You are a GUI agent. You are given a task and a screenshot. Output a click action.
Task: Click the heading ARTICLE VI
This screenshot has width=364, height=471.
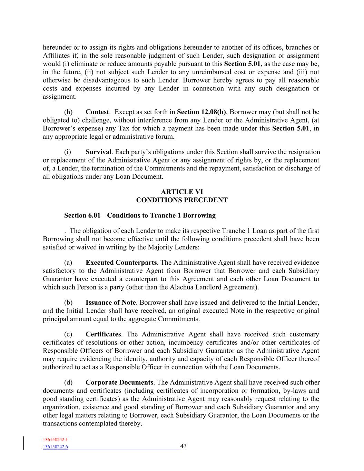click(x=182, y=192)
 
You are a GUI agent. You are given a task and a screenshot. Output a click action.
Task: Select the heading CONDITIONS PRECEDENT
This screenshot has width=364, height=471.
click(x=182, y=200)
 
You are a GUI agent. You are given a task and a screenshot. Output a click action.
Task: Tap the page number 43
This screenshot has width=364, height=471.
click(x=184, y=446)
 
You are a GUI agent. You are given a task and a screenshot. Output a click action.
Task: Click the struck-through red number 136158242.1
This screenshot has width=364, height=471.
click(x=55, y=440)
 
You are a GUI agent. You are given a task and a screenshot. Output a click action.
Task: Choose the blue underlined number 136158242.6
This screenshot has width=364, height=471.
click(x=55, y=447)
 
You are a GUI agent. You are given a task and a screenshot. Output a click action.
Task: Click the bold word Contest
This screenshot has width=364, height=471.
click(x=97, y=112)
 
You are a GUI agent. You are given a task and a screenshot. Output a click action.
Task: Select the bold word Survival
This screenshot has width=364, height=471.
click(x=98, y=152)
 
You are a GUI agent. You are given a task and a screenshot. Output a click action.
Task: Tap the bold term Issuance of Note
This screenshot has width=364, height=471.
click(x=110, y=303)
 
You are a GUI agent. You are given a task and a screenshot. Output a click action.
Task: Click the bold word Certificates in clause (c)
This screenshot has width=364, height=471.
click(x=103, y=334)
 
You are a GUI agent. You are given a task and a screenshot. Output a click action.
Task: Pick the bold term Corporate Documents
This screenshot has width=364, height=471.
click(x=119, y=383)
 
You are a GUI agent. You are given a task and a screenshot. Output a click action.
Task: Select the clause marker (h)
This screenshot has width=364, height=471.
click(x=68, y=112)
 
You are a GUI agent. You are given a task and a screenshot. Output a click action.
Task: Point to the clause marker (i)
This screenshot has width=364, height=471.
click(x=68, y=152)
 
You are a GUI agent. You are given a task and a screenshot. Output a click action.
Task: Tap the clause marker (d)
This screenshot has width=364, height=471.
click(x=68, y=383)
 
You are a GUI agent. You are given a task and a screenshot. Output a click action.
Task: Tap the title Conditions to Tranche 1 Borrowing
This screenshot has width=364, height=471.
click(x=161, y=216)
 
